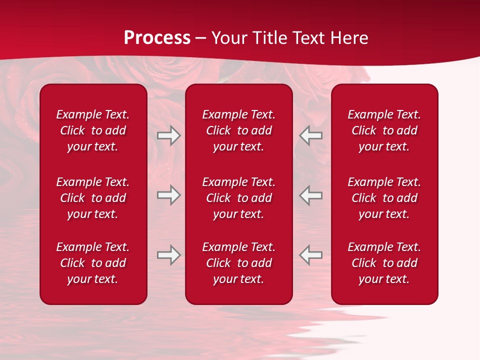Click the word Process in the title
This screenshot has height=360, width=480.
point(157,38)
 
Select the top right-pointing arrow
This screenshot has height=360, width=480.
point(169,135)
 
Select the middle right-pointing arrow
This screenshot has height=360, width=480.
point(169,195)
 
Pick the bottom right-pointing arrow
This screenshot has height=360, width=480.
point(169,255)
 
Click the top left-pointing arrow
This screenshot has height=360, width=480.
point(310,135)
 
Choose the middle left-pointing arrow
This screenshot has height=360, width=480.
point(310,195)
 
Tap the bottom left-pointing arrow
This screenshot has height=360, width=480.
point(310,255)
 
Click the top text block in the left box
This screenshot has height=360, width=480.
point(93,130)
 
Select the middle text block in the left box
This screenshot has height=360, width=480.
point(93,198)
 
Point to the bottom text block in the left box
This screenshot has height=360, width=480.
point(93,263)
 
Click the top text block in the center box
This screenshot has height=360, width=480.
point(238,130)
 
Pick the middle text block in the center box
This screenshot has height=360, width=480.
point(238,198)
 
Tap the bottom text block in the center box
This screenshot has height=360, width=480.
point(238,263)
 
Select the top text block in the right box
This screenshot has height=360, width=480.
point(384,130)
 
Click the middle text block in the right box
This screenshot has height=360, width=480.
point(384,198)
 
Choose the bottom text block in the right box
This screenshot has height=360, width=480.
point(384,263)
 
